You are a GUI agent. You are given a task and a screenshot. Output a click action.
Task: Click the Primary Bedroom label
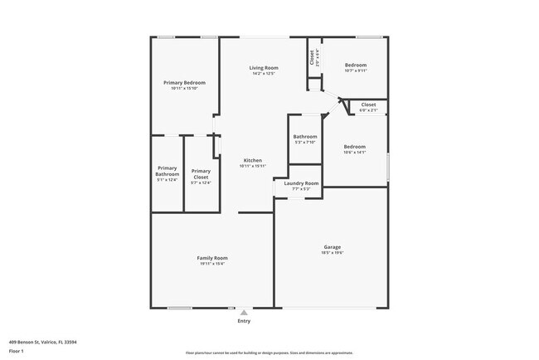pyautogui.click(x=184, y=83)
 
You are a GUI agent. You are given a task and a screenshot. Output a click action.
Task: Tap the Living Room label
pyautogui.click(x=265, y=67)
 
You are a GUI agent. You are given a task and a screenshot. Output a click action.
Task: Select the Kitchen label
pyautogui.click(x=253, y=160)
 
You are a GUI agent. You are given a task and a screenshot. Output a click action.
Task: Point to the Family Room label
pyautogui.click(x=212, y=258)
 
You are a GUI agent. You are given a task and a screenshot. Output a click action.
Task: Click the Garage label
pyautogui.click(x=333, y=246)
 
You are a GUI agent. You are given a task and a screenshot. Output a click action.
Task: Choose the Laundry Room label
pyautogui.click(x=301, y=182)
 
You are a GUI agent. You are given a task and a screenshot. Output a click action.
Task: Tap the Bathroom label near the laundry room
pyautogui.click(x=305, y=136)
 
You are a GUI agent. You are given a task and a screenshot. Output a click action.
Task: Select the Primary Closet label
pyautogui.click(x=201, y=173)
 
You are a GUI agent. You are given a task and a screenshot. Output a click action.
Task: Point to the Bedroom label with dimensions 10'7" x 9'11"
pyautogui.click(x=355, y=65)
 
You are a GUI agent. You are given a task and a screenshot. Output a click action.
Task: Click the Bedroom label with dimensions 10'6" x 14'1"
pyautogui.click(x=355, y=147)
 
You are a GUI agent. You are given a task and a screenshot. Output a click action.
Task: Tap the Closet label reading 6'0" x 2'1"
pyautogui.click(x=369, y=105)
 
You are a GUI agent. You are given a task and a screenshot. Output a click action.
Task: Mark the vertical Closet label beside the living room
pyautogui.click(x=313, y=56)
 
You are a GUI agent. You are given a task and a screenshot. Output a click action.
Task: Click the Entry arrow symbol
pyautogui.click(x=244, y=313)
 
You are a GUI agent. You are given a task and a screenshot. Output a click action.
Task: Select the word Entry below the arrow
pyautogui.click(x=244, y=321)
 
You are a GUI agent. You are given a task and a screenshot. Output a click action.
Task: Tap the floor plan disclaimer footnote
pyautogui.click(x=269, y=353)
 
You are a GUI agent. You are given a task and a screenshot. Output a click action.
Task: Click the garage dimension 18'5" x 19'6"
pyautogui.click(x=333, y=252)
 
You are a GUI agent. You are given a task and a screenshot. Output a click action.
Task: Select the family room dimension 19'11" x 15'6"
pyautogui.click(x=212, y=264)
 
